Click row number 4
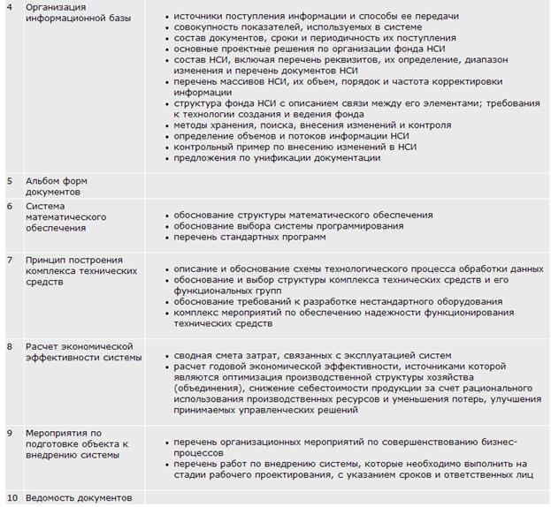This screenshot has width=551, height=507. pos(10,6)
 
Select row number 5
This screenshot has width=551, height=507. pos(10,180)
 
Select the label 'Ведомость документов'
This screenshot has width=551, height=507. pos(79,497)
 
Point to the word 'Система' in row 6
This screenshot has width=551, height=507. pos(44,206)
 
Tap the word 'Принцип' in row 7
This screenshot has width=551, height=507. pos(47,260)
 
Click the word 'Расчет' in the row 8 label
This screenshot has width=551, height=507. pos(42,346)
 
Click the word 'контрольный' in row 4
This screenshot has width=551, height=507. pos(203,147)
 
